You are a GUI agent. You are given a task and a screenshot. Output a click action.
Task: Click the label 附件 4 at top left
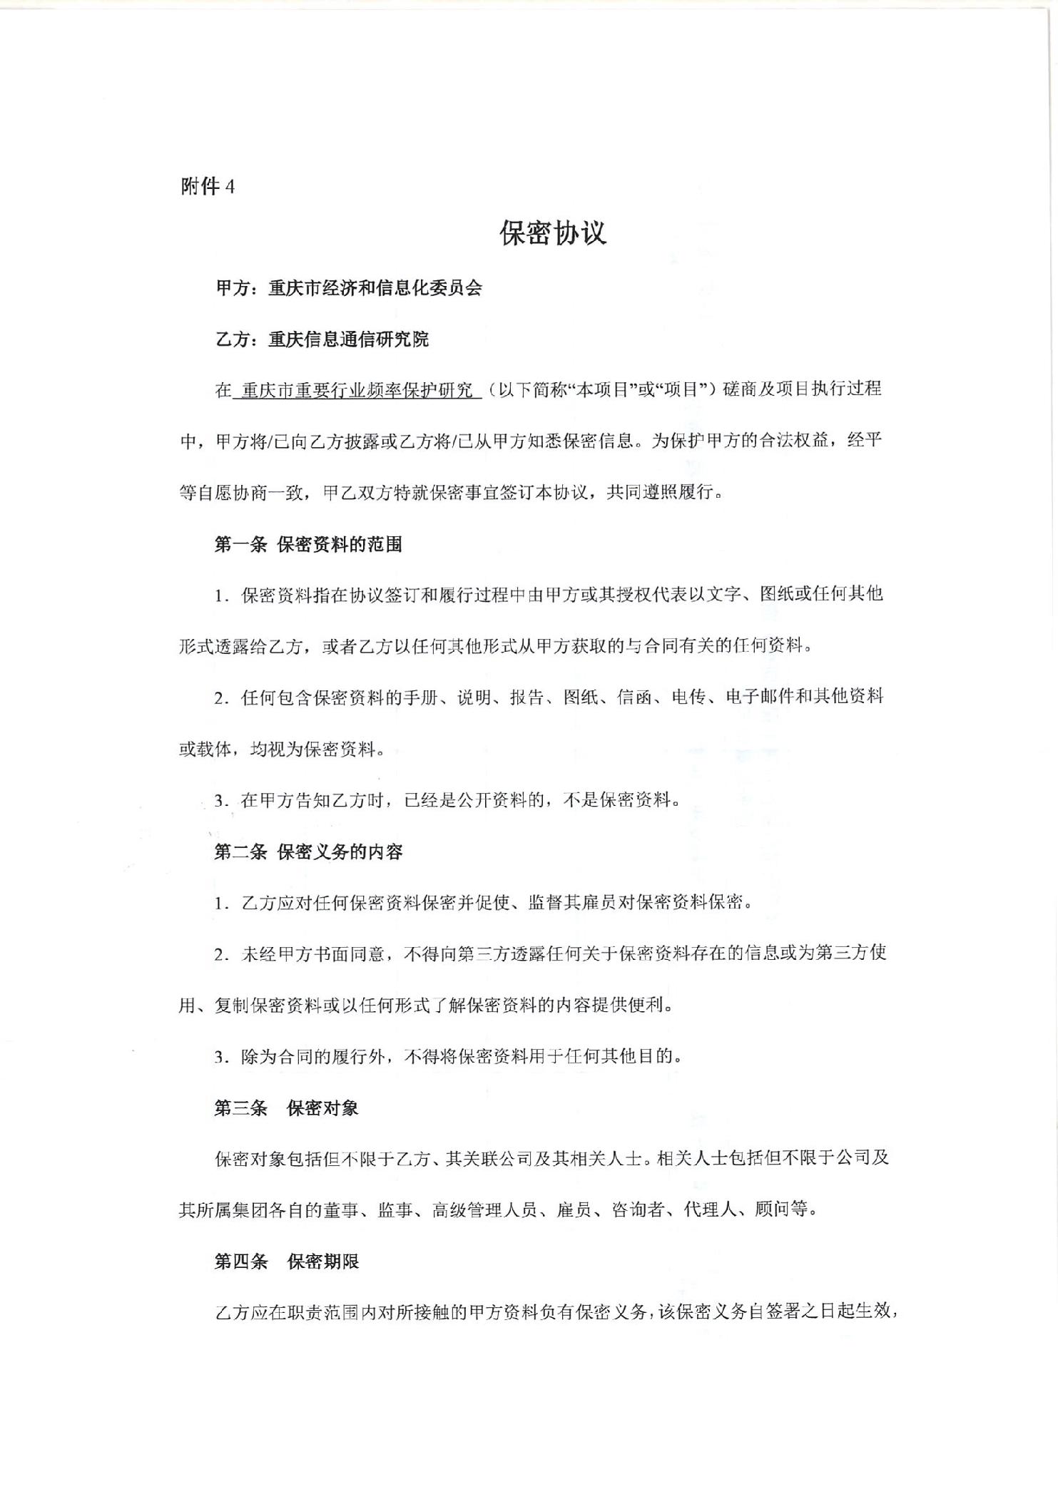click(x=208, y=187)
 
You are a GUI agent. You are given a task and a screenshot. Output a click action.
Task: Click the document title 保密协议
click(x=553, y=233)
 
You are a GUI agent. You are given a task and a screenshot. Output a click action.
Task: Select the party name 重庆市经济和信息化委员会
click(x=375, y=288)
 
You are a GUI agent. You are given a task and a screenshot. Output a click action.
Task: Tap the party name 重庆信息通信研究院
click(x=349, y=339)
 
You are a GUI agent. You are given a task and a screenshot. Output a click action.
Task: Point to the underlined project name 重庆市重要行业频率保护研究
click(x=357, y=390)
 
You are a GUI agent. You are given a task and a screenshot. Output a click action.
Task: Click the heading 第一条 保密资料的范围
click(x=308, y=545)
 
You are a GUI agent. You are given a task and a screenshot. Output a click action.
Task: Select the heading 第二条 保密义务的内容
click(x=308, y=851)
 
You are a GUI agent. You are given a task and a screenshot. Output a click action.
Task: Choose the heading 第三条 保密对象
click(x=286, y=1108)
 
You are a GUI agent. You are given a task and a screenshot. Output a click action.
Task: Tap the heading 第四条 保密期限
click(x=286, y=1262)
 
